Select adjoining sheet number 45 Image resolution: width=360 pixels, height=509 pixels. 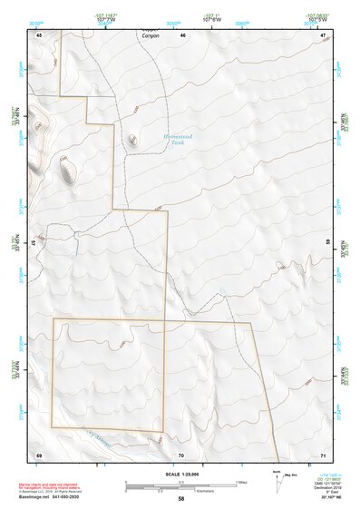coord(39,34)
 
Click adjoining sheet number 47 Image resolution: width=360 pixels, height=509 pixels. coord(324,34)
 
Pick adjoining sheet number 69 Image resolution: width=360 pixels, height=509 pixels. coord(39,454)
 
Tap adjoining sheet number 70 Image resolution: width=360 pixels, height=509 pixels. coord(181,454)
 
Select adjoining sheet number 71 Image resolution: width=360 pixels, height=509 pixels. coord(324,454)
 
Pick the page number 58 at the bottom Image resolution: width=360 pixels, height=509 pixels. coord(181,499)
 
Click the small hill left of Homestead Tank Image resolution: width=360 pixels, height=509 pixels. coord(133,139)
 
